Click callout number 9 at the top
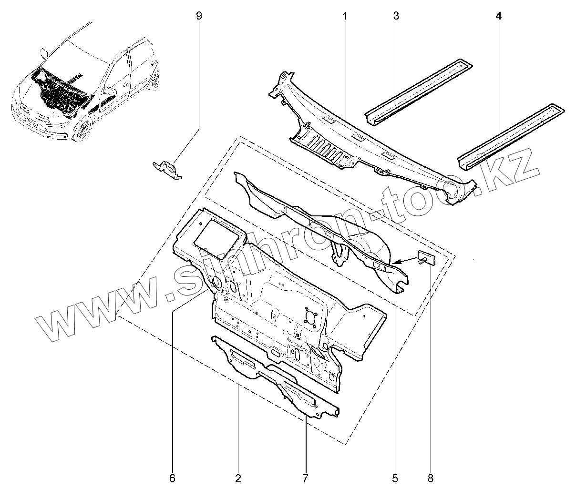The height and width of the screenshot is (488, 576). [199, 16]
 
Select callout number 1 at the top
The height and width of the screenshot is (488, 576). [345, 16]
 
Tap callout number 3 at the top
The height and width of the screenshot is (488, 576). [396, 16]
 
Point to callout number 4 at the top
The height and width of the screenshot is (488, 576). [498, 16]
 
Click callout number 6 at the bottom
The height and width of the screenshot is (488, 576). [172, 477]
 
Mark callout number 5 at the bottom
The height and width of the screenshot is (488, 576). [395, 477]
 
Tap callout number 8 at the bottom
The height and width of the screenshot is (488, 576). [431, 477]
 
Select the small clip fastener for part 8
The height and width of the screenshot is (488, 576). [425, 259]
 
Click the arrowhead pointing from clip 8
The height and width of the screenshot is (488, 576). [397, 262]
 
